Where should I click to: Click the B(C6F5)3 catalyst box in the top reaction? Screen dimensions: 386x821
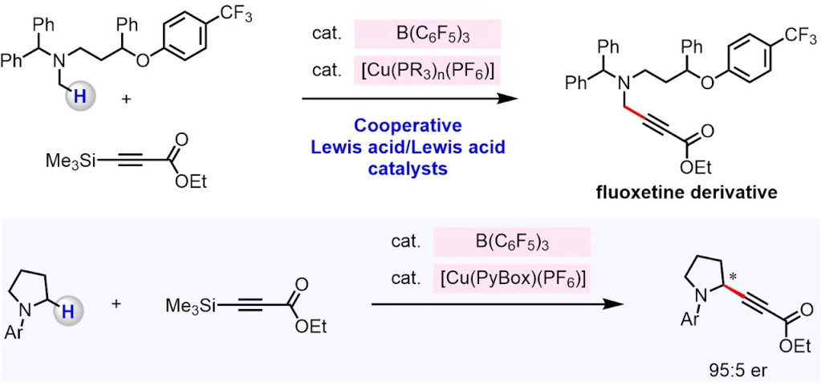click(426, 35)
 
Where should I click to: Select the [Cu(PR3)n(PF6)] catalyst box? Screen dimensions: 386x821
click(426, 71)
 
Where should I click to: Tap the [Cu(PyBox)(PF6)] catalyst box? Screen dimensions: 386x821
click(511, 278)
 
